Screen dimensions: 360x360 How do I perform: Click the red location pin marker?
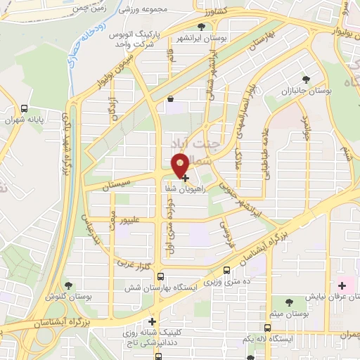pos(180,165)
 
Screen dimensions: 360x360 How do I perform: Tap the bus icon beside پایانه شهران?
pos(25,109)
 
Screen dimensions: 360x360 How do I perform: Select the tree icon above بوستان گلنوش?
pos(68,285)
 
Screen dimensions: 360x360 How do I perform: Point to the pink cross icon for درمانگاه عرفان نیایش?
pos(342,286)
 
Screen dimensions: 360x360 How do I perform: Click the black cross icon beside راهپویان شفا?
pos(185,179)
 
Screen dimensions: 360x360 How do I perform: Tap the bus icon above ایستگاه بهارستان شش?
pos(161,277)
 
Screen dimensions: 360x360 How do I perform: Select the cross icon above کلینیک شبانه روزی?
pos(152,322)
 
